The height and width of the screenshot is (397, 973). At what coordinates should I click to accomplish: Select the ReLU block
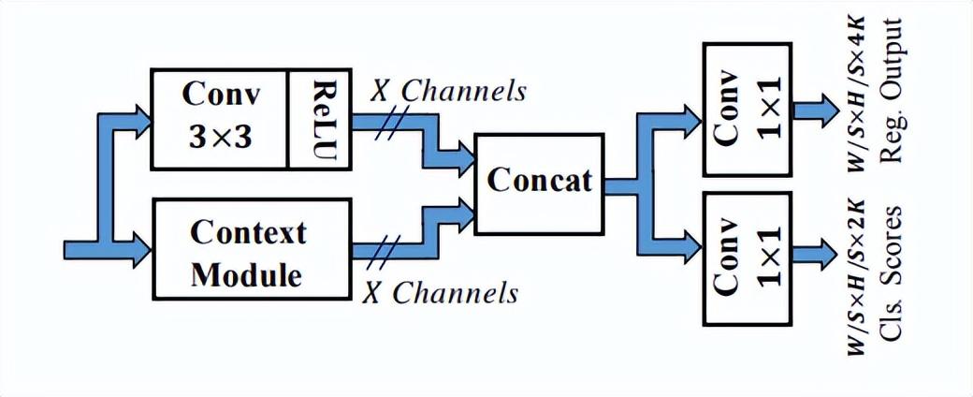click(318, 118)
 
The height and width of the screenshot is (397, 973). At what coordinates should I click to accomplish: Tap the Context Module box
click(251, 252)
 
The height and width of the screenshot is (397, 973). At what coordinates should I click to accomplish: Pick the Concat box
click(541, 181)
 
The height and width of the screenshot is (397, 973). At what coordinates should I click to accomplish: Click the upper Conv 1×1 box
click(746, 110)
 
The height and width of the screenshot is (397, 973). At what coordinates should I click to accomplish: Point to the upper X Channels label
click(447, 91)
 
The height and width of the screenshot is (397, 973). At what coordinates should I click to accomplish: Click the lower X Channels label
click(440, 293)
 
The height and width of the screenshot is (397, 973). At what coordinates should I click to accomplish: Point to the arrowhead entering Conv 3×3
click(141, 118)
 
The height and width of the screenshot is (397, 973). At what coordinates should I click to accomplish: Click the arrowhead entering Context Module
click(141, 251)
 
